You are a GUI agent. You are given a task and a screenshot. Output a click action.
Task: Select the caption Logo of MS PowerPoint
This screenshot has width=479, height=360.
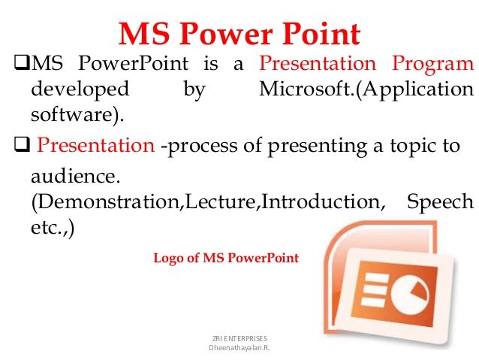coord(226,258)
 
